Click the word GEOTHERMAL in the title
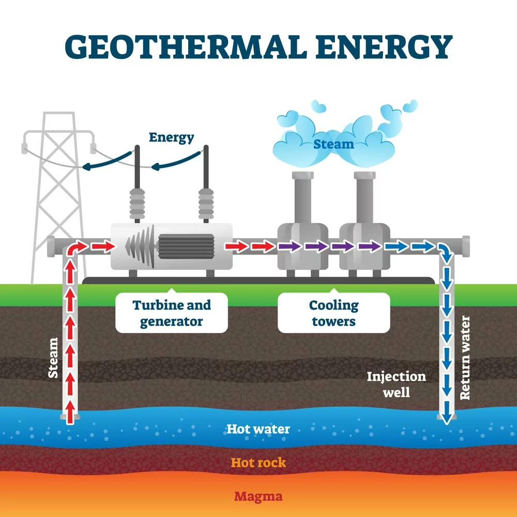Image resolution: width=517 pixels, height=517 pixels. click(184, 47)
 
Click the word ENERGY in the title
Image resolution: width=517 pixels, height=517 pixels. click(384, 47)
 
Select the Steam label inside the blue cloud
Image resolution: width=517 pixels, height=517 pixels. click(333, 144)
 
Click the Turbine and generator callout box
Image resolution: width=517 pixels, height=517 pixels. click(172, 313)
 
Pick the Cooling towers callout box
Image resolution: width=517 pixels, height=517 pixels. click(333, 313)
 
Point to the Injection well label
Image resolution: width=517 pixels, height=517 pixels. click(397, 385)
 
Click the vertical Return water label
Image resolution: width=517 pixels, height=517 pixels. click(465, 358)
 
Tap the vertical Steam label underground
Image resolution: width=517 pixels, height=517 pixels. click(53, 358)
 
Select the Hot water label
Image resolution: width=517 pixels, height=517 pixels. click(258, 429)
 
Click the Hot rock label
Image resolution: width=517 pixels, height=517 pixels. click(258, 463)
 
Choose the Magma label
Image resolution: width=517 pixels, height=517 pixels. click(258, 496)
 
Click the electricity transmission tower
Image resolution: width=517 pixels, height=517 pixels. click(59, 198)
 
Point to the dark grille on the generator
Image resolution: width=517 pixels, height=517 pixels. click(186, 246)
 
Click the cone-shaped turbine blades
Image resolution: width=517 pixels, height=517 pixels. click(141, 246)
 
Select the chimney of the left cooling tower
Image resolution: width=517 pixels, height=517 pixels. click(302, 198)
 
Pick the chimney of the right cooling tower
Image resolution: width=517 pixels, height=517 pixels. click(364, 198)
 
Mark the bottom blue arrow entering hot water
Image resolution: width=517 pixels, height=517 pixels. click(447, 413)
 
